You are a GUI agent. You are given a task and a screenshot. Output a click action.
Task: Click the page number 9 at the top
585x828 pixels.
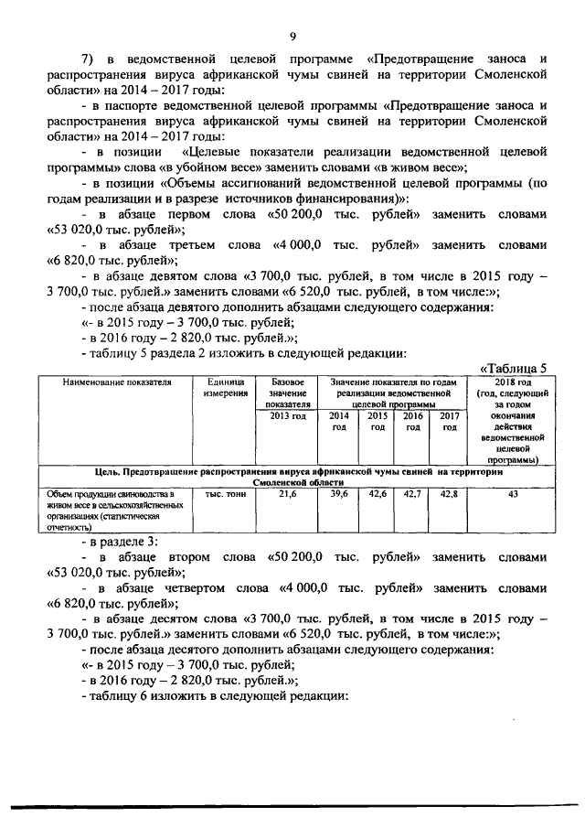(292, 36)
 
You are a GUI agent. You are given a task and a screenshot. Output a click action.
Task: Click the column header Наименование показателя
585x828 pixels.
(114, 382)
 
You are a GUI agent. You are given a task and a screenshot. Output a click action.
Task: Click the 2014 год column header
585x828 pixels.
(338, 421)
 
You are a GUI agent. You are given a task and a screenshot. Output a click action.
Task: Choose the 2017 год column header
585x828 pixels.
(448, 421)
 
